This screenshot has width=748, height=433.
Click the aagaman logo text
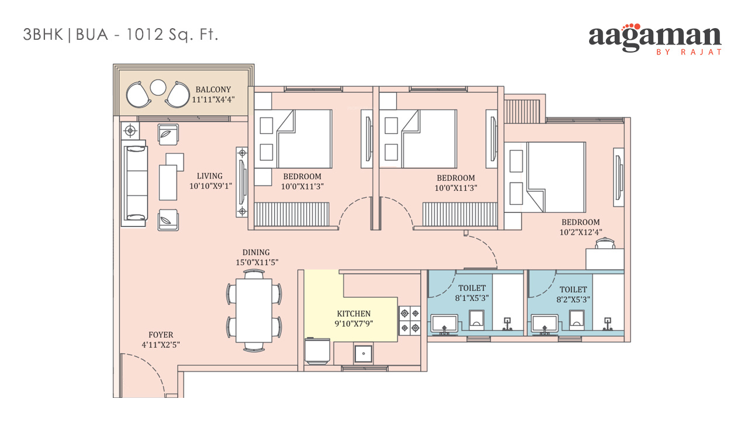pos(655,38)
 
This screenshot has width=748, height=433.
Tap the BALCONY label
pos(213,90)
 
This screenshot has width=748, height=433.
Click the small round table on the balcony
pos(158,87)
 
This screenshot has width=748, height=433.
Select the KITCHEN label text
pos(354,314)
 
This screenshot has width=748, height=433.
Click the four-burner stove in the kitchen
pos(410,321)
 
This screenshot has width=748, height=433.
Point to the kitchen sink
pos(363,353)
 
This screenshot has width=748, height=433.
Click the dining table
pos(254,311)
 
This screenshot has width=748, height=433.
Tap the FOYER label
pos(161,335)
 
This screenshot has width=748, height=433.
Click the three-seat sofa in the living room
pos(134,183)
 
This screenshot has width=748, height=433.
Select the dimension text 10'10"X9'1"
pos(211,186)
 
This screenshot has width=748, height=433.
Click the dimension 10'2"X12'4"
pos(581,232)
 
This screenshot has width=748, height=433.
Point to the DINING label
pos(256,252)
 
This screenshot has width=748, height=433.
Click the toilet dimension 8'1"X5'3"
pos(472,298)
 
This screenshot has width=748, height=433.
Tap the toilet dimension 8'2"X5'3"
pos(573,299)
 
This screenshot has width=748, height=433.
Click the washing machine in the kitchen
pos(317,350)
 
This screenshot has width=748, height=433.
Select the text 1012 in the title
pos(144,35)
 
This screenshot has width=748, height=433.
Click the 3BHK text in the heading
pos(43,35)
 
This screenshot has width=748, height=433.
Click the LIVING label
pos(209,176)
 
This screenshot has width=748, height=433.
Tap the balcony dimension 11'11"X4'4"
pos(213,99)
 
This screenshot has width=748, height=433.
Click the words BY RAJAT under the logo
pos(689,52)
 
